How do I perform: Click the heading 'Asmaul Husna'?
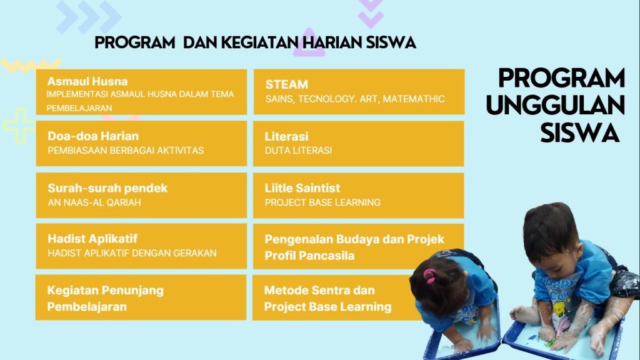pyautogui.click(x=87, y=81)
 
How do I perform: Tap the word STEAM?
pyautogui.click(x=286, y=84)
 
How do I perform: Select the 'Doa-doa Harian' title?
pyautogui.click(x=93, y=136)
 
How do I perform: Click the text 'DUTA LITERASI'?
pyautogui.click(x=298, y=151)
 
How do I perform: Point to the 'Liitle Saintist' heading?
pyautogui.click(x=302, y=188)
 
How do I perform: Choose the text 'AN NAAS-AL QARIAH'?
pyautogui.click(x=94, y=202)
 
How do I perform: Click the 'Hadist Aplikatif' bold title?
pyautogui.click(x=92, y=239)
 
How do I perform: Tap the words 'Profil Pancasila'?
pyautogui.click(x=309, y=256)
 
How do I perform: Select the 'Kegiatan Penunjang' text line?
pyautogui.click(x=105, y=291)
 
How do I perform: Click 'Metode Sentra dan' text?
pyautogui.click(x=319, y=290)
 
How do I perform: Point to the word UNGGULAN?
pyautogui.click(x=555, y=105)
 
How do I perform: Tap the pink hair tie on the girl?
pyautogui.click(x=429, y=276)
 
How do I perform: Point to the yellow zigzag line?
pyautogui.click(x=31, y=64)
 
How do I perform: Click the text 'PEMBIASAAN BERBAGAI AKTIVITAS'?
pyautogui.click(x=126, y=151)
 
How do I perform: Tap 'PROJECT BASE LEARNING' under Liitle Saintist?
pyautogui.click(x=322, y=202)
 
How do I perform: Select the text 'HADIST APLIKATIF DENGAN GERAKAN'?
pyautogui.click(x=132, y=253)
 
